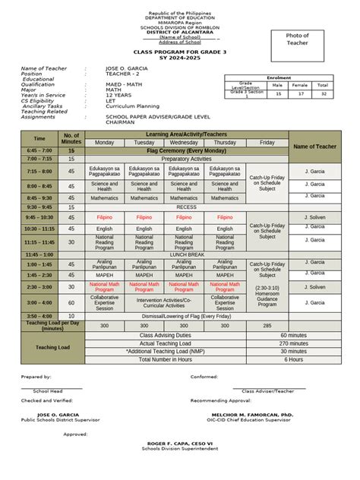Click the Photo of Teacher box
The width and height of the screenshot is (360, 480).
pyautogui.click(x=297, y=40)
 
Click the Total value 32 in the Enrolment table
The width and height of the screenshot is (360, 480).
pyautogui.click(x=323, y=93)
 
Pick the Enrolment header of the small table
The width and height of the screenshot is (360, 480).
pyautogui.click(x=279, y=78)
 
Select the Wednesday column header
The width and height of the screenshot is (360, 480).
pyautogui.click(x=184, y=143)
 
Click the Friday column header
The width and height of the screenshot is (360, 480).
pyautogui.click(x=267, y=143)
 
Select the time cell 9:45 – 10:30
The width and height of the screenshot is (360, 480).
pyautogui.click(x=39, y=217)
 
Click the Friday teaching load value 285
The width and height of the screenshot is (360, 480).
pyautogui.click(x=267, y=325)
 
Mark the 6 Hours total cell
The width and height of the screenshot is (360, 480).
pyautogui.click(x=293, y=360)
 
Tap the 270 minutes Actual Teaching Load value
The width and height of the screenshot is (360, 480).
pyautogui.click(x=293, y=343)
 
